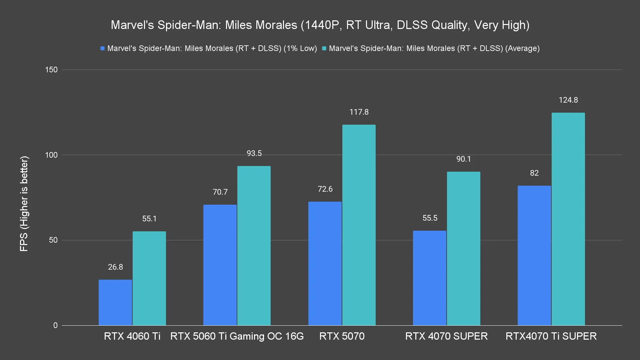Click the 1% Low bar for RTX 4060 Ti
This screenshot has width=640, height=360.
pyautogui.click(x=115, y=302)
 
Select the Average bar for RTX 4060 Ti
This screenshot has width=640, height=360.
pyautogui.click(x=149, y=278)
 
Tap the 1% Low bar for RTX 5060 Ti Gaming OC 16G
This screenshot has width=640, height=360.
pyautogui.click(x=220, y=265)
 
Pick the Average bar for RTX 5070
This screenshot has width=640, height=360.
pyautogui.click(x=359, y=225)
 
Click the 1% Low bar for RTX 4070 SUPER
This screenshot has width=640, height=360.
pyautogui.click(x=430, y=278)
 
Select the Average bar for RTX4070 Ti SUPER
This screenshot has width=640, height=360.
pyautogui.click(x=568, y=219)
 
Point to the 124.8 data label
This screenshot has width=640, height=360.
pyautogui.click(x=568, y=100)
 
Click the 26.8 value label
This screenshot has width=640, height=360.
pyautogui.click(x=115, y=267)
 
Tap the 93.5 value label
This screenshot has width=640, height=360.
pyautogui.click(x=254, y=153)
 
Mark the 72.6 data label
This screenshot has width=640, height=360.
pyautogui.click(x=325, y=189)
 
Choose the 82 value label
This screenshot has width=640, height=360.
pyautogui.click(x=534, y=173)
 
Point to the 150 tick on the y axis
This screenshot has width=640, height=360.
pyautogui.click(x=51, y=70)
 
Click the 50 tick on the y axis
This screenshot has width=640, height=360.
pyautogui.click(x=53, y=240)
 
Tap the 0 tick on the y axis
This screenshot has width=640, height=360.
pyautogui.click(x=55, y=325)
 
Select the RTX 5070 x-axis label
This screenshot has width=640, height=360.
pyautogui.click(x=342, y=336)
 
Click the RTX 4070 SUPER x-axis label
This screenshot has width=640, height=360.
pyautogui.click(x=446, y=336)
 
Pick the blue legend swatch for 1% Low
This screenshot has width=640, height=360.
pyautogui.click(x=103, y=49)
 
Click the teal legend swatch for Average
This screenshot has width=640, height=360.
pyautogui.click(x=324, y=49)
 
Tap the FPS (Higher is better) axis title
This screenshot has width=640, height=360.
pyautogui.click(x=24, y=204)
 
